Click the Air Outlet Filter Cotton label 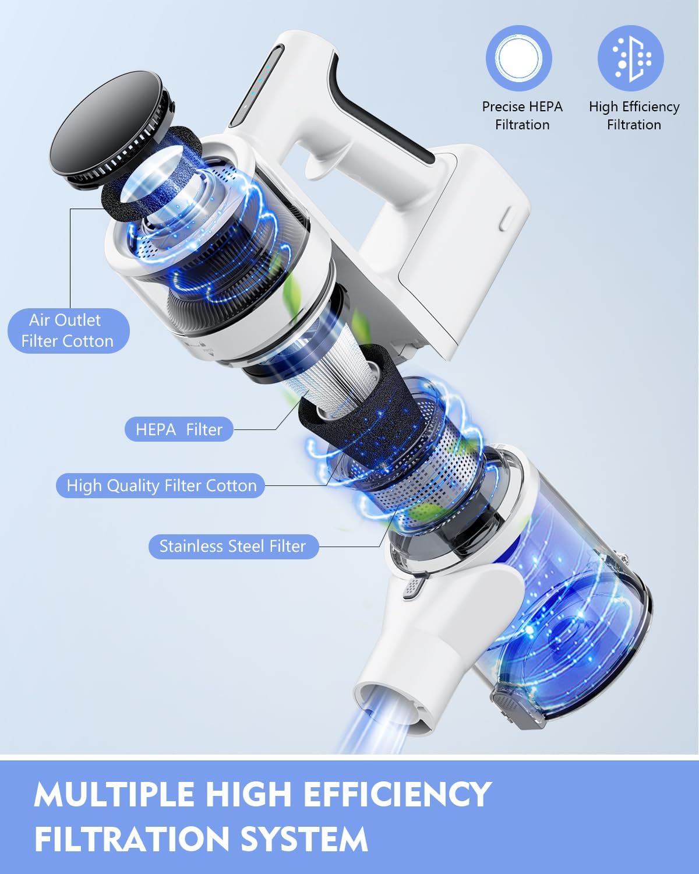(x=68, y=330)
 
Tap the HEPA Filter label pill (x=179, y=430)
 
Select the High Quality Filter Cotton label (x=161, y=486)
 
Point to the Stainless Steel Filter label (x=233, y=547)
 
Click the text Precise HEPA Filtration (x=522, y=115)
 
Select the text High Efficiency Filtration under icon (x=634, y=115)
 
